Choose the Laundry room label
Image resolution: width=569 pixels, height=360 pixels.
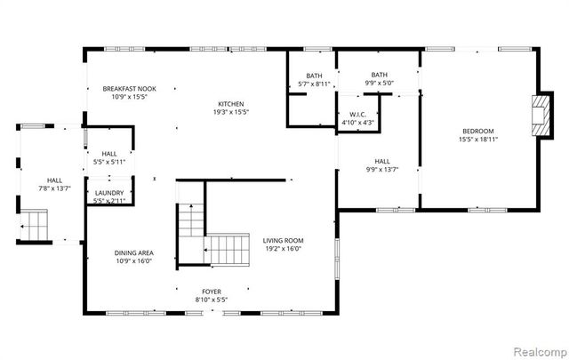pyautogui.click(x=108, y=192)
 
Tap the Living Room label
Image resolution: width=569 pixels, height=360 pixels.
pyautogui.click(x=283, y=240)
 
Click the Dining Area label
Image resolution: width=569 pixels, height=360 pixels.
pyautogui.click(x=133, y=252)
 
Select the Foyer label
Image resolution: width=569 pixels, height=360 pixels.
pyautogui.click(x=211, y=291)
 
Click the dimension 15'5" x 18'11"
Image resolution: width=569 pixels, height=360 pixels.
pyautogui.click(x=478, y=139)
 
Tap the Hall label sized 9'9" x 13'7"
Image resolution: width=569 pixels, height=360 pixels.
pyautogui.click(x=382, y=161)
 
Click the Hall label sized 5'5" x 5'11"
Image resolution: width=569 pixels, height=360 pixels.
pyautogui.click(x=108, y=154)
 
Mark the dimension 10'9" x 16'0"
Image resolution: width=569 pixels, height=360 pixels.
pyautogui.click(x=133, y=261)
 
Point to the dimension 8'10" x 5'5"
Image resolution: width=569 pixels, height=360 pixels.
pyautogui.click(x=211, y=300)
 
